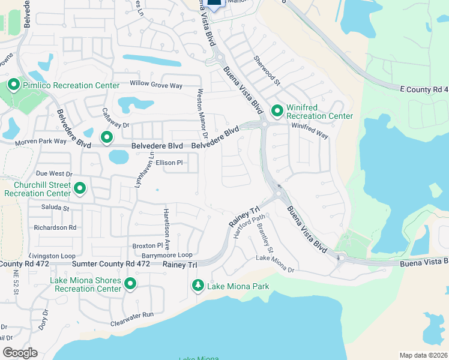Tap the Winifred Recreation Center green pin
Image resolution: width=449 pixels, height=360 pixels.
[277, 111]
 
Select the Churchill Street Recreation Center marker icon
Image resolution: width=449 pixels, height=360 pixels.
[80, 190]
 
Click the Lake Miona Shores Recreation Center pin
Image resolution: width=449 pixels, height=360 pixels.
[130, 284]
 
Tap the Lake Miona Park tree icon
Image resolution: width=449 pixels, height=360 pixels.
[197, 286]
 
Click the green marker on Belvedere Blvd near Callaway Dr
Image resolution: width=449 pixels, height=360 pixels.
[107, 139]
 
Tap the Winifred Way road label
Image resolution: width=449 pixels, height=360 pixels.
[310, 131]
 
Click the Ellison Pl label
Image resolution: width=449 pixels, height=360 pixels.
[169, 163]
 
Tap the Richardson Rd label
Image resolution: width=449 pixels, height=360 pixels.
[55, 227]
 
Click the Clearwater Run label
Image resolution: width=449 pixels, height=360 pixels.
[132, 314]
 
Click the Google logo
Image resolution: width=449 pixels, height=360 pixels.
[20, 353]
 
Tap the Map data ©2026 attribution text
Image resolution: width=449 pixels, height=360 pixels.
[423, 355]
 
